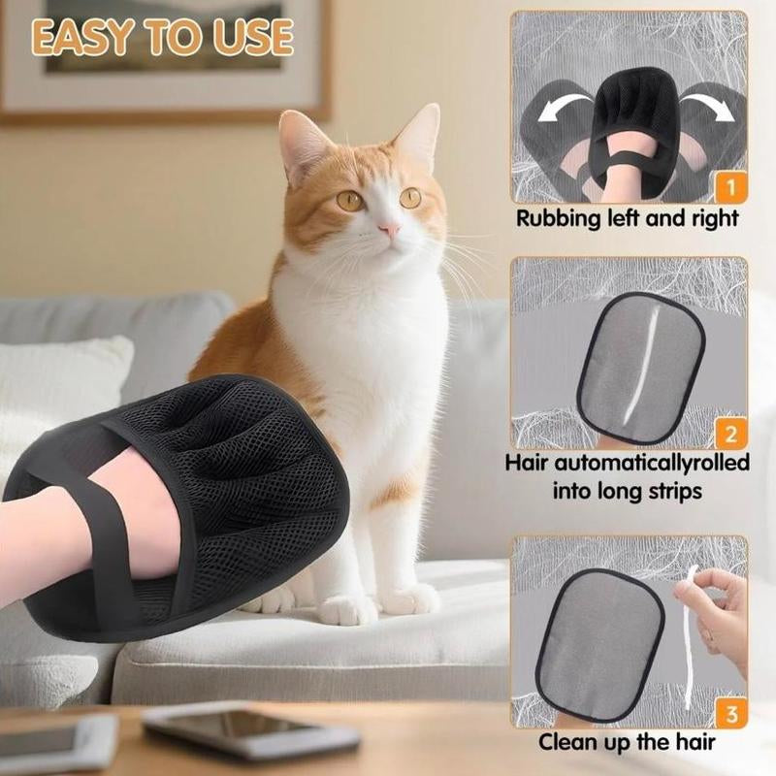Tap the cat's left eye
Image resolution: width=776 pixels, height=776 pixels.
tap(350, 201)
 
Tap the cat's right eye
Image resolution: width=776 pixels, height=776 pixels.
tap(410, 197)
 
